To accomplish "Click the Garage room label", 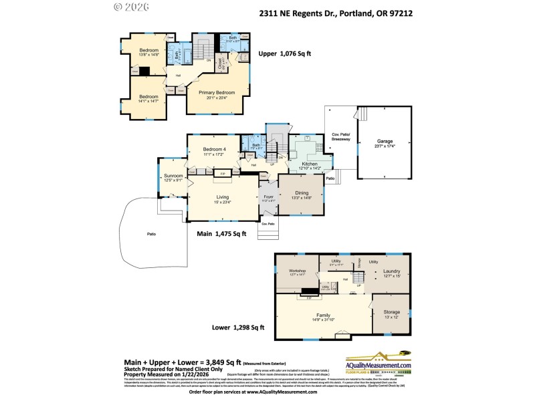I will pyautogui.click(x=384, y=142).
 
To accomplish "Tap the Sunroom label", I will pyautogui.click(x=173, y=176).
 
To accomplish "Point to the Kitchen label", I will pyautogui.click(x=310, y=164).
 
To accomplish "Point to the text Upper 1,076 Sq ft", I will pyautogui.click(x=284, y=53).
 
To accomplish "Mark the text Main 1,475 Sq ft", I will pyautogui.click(x=221, y=234).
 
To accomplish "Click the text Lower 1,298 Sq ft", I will pyautogui.click(x=239, y=327).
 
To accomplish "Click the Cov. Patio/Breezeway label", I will pyautogui.click(x=341, y=136).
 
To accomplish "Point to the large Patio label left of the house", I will pyautogui.click(x=151, y=234).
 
